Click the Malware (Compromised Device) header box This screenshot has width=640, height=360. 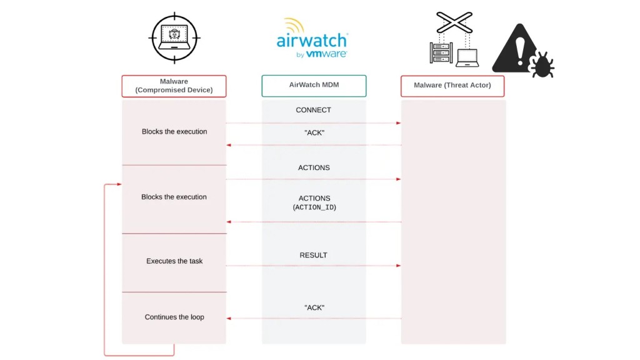(x=174, y=86)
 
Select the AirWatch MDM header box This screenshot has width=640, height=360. (x=314, y=86)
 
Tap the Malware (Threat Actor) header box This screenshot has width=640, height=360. (x=452, y=86)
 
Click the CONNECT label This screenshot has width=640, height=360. (x=314, y=110)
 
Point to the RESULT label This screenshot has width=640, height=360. (x=314, y=255)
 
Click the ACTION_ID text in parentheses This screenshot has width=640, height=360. (x=314, y=207)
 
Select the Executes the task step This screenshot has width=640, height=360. (x=174, y=261)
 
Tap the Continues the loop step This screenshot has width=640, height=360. (x=174, y=317)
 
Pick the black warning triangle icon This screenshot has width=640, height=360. (x=515, y=50)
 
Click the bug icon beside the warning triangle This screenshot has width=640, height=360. (x=541, y=65)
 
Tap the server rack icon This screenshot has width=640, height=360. (x=441, y=53)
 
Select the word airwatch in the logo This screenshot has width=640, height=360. (x=312, y=41)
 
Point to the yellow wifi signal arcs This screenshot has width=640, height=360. (x=294, y=25)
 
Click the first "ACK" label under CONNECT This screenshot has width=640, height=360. (x=314, y=132)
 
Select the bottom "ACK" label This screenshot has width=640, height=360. (x=314, y=307)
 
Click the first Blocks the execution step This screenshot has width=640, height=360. (x=174, y=132)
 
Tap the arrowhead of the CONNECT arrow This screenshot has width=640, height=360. (x=398, y=123)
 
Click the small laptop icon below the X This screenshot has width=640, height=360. (x=467, y=58)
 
